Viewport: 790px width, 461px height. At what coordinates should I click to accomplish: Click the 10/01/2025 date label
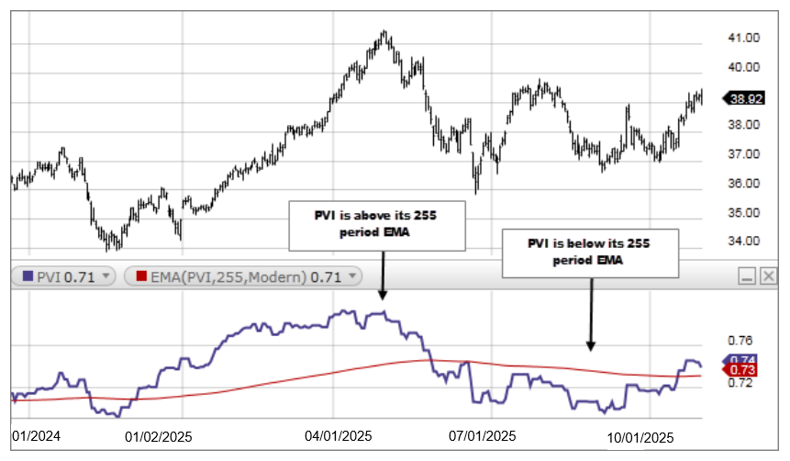point(640,437)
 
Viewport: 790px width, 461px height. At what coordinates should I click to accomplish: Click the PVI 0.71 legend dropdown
point(106,275)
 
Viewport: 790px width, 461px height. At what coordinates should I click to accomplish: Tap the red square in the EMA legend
point(142,275)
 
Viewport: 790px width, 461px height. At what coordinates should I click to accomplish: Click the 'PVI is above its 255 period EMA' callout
point(376,226)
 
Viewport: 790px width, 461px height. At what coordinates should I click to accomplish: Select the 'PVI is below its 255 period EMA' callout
point(590,253)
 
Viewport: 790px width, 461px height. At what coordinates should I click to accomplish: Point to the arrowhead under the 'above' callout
point(381,297)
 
